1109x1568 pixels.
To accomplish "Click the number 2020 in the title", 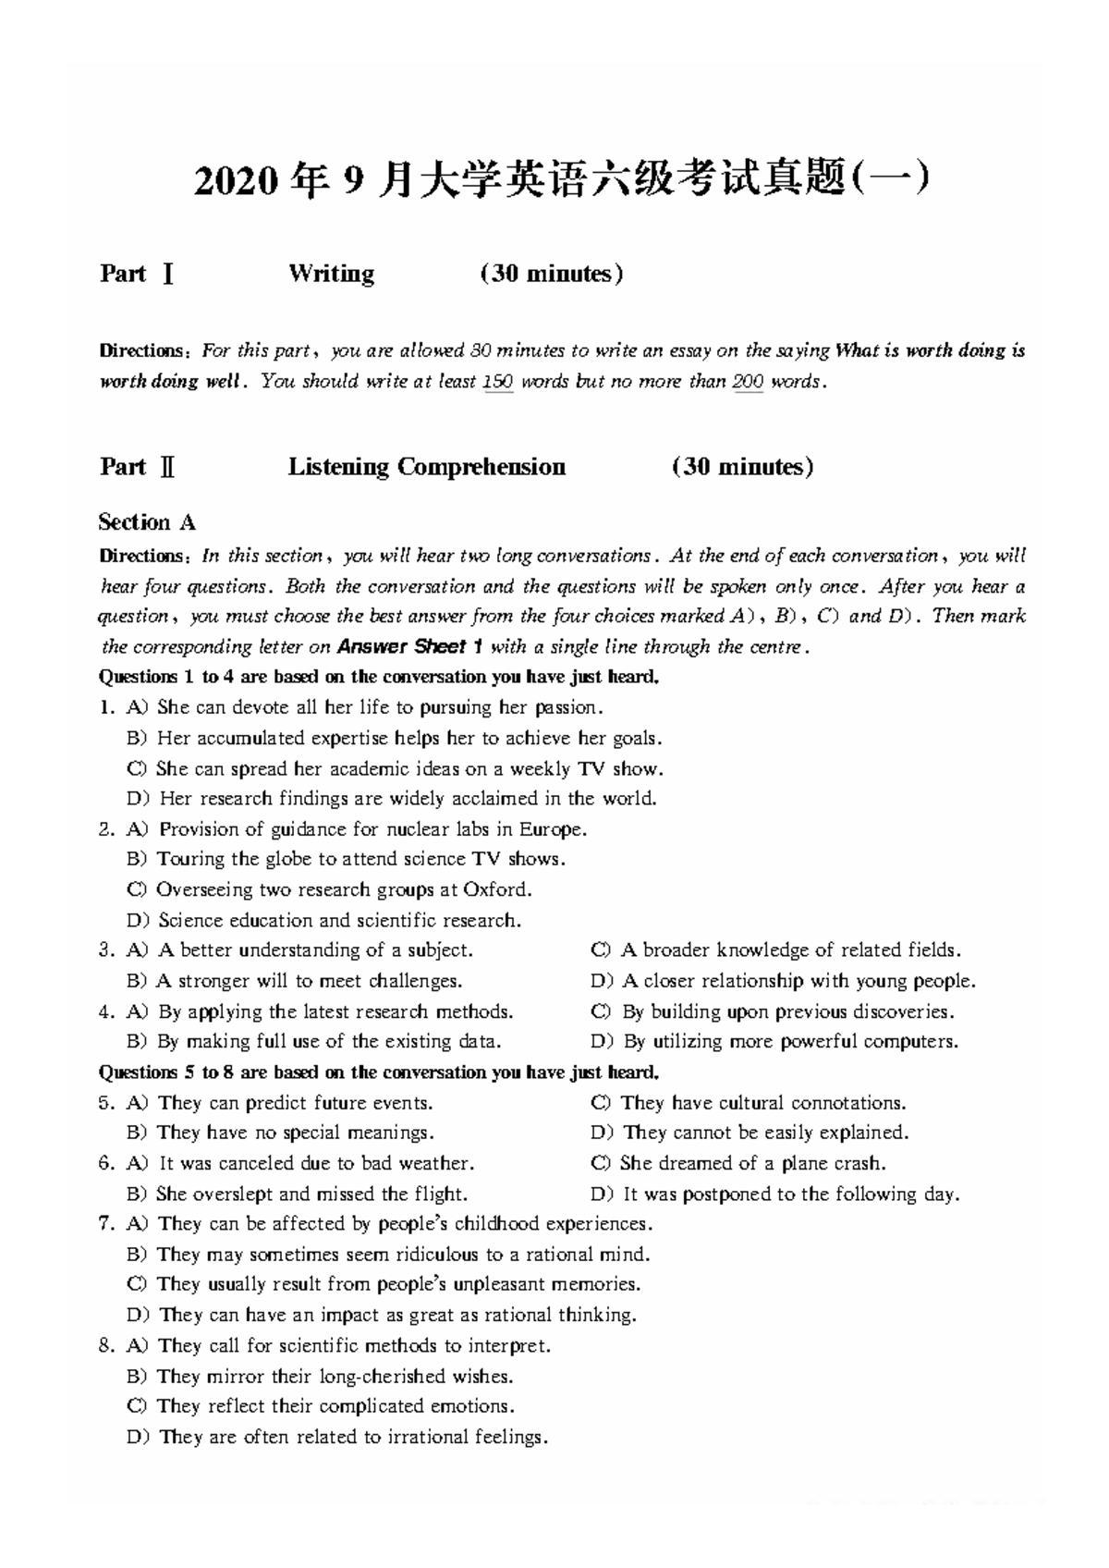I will (235, 181).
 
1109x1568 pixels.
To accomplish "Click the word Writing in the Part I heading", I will (331, 274).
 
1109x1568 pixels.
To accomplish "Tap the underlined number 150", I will (498, 382).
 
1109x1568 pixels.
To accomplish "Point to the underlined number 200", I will (748, 382).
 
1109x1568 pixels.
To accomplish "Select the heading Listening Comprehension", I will (426, 467).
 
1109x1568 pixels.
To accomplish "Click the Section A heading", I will (147, 523).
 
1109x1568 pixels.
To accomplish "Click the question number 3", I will (105, 950).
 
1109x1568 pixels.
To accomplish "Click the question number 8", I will (105, 1346).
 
